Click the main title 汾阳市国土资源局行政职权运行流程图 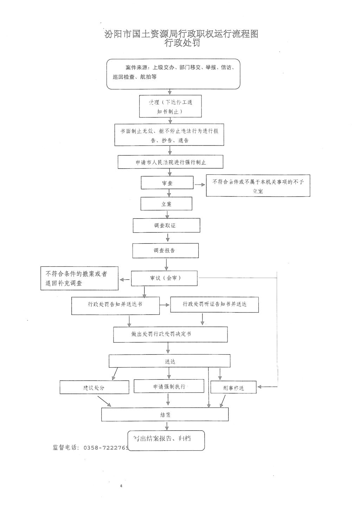181,34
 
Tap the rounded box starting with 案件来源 173,73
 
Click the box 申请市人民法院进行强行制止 171,162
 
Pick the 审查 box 167,183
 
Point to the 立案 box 166,204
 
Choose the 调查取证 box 166,225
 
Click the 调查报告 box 165,251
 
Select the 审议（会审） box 165,278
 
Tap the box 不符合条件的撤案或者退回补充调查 79,278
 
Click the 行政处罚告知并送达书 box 115,305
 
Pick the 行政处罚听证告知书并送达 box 214,304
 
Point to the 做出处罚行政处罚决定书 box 170,334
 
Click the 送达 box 170,361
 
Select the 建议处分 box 94,387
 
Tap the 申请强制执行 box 169,386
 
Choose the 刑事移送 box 233,387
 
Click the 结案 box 165,414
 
